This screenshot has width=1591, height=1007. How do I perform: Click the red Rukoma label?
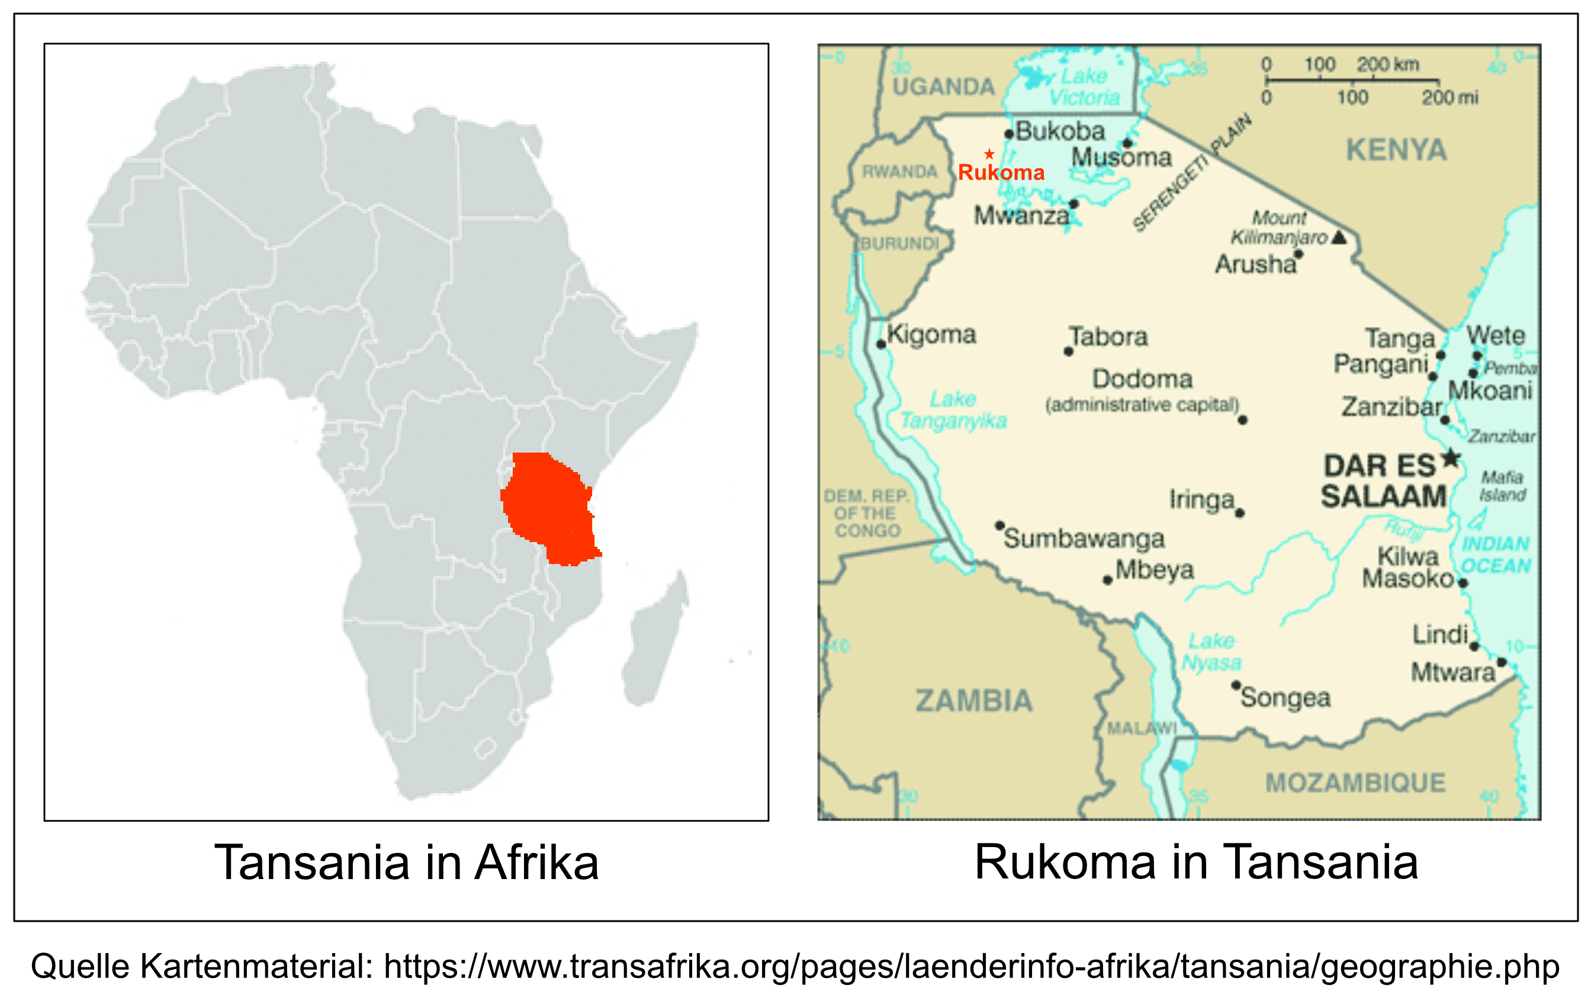[x=1001, y=172]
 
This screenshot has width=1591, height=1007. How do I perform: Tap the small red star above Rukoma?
[x=989, y=154]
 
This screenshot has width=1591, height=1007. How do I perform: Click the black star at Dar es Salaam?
[x=1451, y=457]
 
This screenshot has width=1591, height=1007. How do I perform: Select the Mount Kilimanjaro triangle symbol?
[x=1339, y=238]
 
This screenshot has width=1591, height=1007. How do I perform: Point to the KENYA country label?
[x=1396, y=150]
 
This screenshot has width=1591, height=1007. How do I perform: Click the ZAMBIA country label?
[x=973, y=701]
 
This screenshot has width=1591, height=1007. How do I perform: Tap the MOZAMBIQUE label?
[x=1355, y=783]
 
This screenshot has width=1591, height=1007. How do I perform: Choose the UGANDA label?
[x=943, y=86]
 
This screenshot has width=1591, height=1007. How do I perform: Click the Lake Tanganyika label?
[x=953, y=410]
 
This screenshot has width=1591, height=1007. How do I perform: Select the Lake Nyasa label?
[x=1211, y=651]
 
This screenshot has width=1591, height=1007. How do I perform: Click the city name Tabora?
[x=1108, y=336]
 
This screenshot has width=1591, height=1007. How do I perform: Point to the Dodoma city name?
[x=1142, y=379]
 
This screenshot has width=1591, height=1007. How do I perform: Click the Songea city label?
[x=1285, y=698]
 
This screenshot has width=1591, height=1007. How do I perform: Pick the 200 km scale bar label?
[x=1388, y=64]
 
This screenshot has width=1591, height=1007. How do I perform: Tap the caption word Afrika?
[x=536, y=863]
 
